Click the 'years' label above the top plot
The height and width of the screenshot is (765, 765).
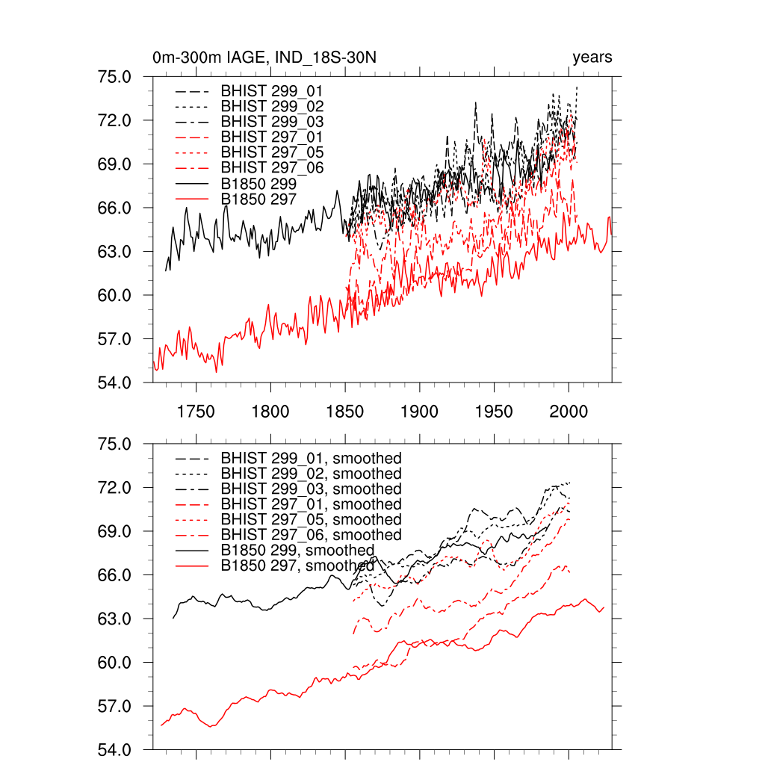[592, 58]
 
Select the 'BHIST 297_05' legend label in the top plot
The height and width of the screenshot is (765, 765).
[272, 152]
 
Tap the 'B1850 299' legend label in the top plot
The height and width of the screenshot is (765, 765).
[259, 183]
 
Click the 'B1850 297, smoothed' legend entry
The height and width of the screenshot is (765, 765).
[297, 566]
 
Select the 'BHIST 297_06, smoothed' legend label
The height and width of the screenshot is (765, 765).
[311, 535]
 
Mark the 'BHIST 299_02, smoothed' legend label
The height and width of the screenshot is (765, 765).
[311, 474]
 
